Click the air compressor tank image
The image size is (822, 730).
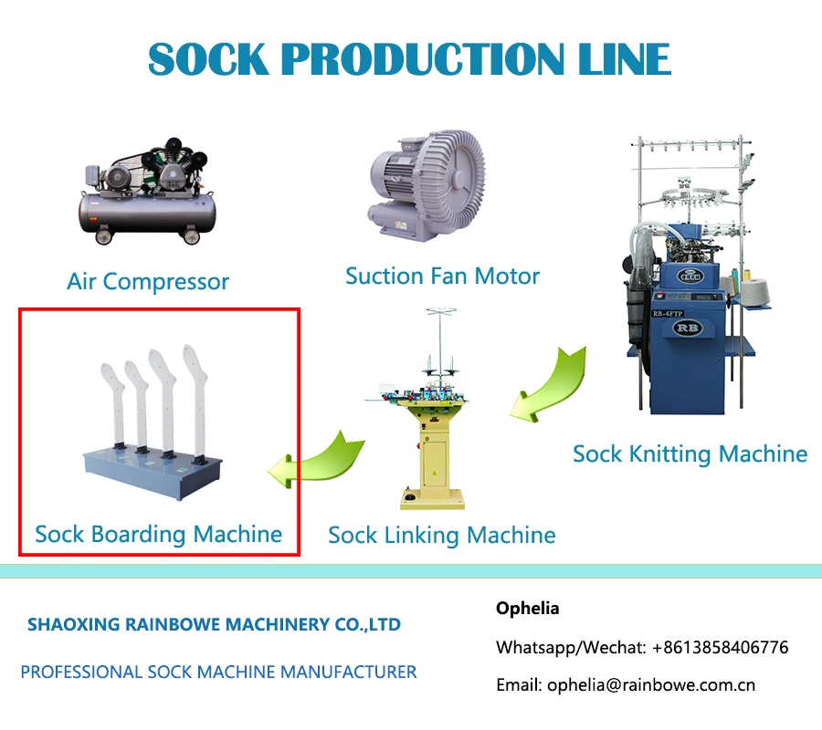click(x=147, y=192)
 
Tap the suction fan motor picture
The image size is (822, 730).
click(x=427, y=185)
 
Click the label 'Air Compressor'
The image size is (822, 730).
click(x=148, y=282)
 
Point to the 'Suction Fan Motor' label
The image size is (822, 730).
click(x=442, y=276)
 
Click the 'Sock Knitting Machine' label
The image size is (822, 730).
click(x=690, y=454)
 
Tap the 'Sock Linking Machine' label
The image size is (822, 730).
click(x=442, y=536)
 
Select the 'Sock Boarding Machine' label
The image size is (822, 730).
click(x=158, y=534)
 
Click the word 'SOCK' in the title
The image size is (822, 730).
click(x=208, y=59)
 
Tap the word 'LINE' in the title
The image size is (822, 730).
click(x=624, y=59)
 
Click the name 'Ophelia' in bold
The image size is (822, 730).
click(x=527, y=608)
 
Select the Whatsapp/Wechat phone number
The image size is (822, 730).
click(x=721, y=647)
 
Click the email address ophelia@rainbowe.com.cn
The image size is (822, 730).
click(x=651, y=685)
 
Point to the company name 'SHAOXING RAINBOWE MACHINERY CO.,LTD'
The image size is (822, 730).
click(x=214, y=624)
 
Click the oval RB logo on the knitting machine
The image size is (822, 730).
click(x=687, y=328)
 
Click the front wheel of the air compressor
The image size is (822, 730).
click(x=104, y=236)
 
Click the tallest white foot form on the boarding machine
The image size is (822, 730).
click(x=195, y=401)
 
